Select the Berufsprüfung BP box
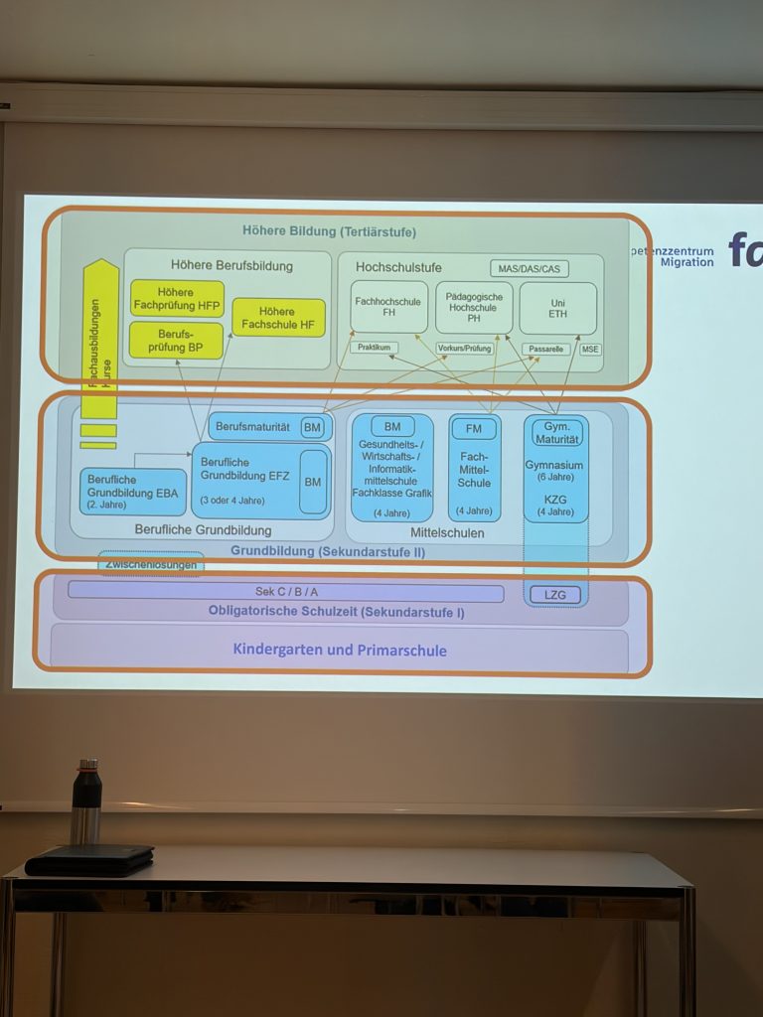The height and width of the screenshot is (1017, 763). point(176,340)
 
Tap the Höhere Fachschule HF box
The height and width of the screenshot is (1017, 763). point(278,318)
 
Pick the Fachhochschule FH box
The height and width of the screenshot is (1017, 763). point(389,308)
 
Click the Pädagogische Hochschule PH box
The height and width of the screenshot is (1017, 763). point(474,308)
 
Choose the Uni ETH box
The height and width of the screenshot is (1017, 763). point(557,308)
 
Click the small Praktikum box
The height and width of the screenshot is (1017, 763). point(374,349)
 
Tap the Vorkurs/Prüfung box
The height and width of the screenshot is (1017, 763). point(465,349)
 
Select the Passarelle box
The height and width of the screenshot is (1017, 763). point(545,350)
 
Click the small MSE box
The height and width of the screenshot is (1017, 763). point(590,350)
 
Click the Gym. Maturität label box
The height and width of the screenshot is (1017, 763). point(556,432)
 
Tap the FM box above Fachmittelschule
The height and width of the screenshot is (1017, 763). point(474,429)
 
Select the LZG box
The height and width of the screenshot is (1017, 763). point(555,595)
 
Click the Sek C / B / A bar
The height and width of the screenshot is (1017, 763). point(286,592)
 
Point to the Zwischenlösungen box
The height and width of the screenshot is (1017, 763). point(151,564)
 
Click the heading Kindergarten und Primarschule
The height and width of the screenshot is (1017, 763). point(340,651)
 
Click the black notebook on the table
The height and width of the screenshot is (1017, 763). point(89,860)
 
